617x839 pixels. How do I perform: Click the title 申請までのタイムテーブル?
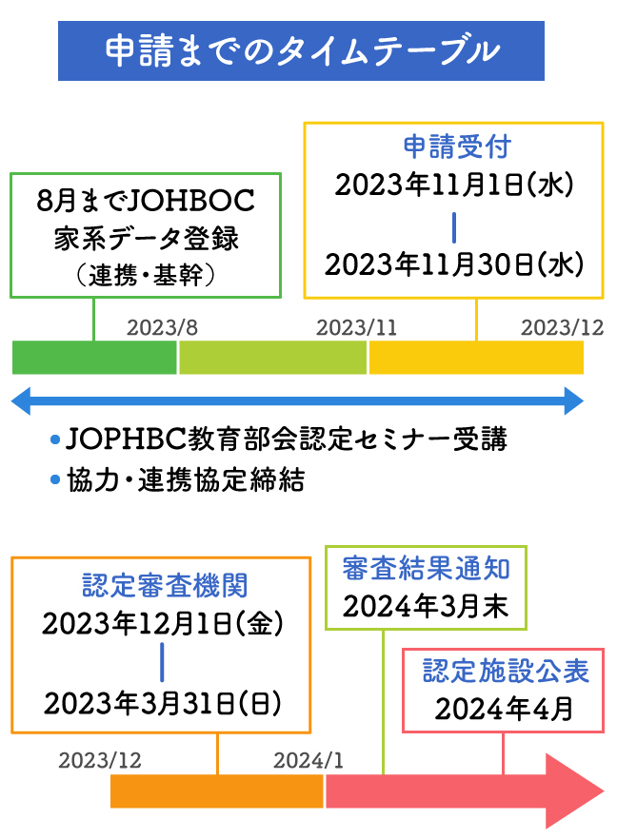pos(301,50)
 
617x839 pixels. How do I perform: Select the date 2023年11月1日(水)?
pos(453,185)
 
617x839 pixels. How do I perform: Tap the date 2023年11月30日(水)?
pos(453,264)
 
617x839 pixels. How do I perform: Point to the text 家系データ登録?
pos(146,238)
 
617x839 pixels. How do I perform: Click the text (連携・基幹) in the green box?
pos(146,274)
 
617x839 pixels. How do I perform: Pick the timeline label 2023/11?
pos(357,327)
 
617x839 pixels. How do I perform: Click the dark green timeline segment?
pos(94,358)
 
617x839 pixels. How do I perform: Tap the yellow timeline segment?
pos(476,358)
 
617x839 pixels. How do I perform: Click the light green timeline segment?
pos(272,358)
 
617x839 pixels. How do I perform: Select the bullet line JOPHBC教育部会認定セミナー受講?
pos(287,439)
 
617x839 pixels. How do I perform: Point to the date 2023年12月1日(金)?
pos(163,624)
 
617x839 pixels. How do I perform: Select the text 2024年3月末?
pos(426,607)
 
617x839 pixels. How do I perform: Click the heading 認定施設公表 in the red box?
pos(506,672)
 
